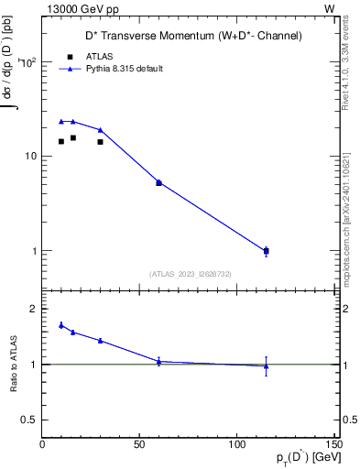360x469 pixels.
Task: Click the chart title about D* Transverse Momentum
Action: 188,36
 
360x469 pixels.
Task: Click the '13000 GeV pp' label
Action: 81,8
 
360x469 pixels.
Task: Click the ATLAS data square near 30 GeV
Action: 100,142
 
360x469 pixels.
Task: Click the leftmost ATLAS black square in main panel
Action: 61,141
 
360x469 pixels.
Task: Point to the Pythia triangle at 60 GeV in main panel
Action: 158,182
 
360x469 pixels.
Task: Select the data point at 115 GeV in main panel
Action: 266,250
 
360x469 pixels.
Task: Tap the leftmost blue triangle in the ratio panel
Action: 61,324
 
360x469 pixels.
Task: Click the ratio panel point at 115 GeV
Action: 266,366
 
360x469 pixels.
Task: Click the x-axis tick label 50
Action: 139,444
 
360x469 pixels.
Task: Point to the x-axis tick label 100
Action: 236,444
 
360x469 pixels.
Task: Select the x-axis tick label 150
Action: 332,444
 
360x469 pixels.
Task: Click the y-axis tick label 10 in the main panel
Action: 30,156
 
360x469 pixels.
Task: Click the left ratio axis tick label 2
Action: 32,310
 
